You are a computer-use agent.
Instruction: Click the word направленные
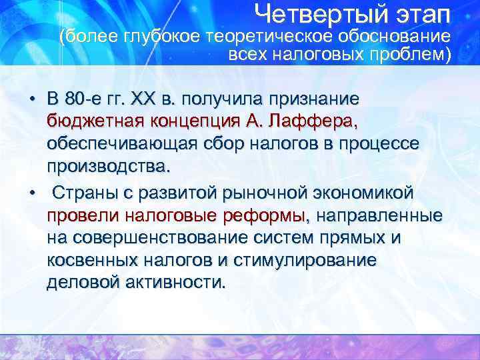pyautogui.click(x=380, y=216)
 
